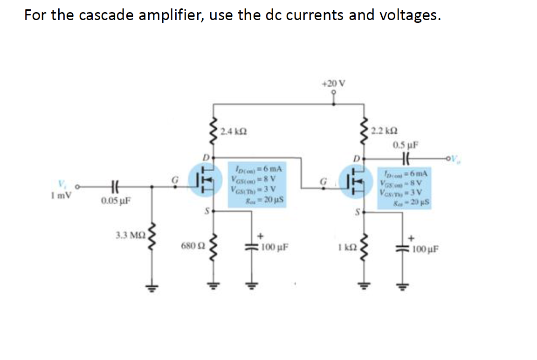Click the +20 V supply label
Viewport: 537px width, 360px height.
tap(334, 83)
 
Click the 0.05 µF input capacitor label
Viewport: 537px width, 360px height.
tap(115, 201)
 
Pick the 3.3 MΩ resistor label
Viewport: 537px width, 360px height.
tap(131, 234)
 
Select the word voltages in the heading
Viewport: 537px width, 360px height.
tap(409, 15)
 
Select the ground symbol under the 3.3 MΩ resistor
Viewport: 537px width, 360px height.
tap(152, 286)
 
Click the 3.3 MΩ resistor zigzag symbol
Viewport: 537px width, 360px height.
tap(151, 242)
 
